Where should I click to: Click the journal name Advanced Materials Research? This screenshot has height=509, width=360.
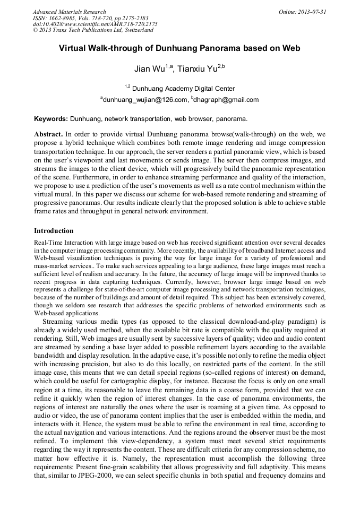pos(69,12)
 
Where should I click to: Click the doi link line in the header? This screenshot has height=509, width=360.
pos(95,24)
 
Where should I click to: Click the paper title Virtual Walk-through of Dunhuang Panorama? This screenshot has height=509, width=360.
pos(179,48)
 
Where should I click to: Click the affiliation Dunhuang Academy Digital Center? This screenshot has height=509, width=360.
pos(183,89)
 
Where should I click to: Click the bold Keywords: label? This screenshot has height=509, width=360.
pos(51,119)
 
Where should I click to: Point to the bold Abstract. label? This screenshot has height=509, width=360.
pos(49,134)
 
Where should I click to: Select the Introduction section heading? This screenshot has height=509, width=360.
pos(54,231)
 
